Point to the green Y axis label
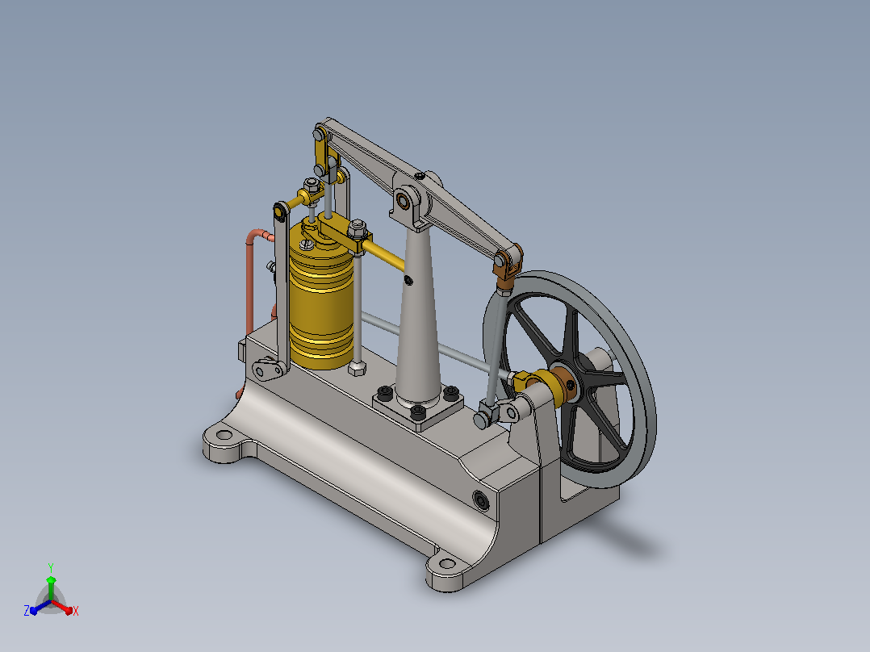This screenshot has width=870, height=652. pyautogui.click(x=51, y=567)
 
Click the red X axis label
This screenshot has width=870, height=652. pyautogui.click(x=76, y=611)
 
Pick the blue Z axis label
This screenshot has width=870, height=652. pyautogui.click(x=27, y=610)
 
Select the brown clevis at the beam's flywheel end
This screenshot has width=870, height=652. pyautogui.click(x=507, y=266)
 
